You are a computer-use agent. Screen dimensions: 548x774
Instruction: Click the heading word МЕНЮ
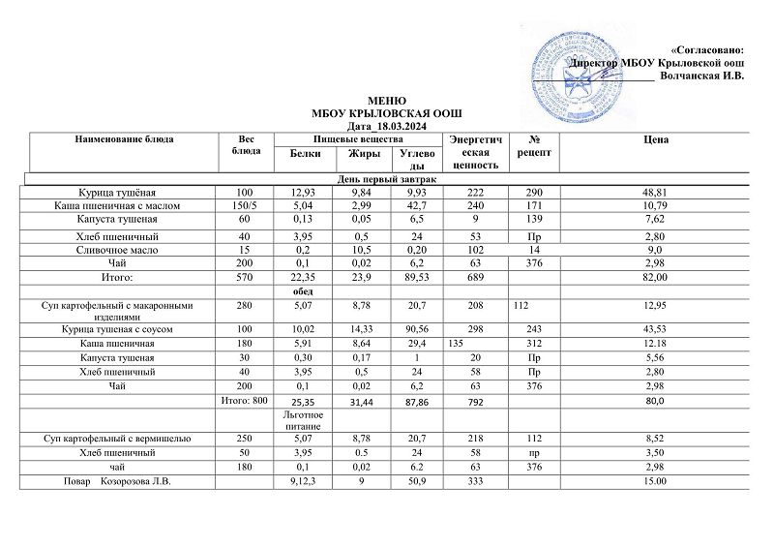389,102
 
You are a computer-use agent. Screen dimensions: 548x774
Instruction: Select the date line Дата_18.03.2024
389,127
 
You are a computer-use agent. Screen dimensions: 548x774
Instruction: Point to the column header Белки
305,155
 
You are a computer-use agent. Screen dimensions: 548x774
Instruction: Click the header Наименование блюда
124,140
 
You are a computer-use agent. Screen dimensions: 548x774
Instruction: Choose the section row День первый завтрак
387,179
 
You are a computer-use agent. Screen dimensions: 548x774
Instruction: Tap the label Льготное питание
305,419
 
